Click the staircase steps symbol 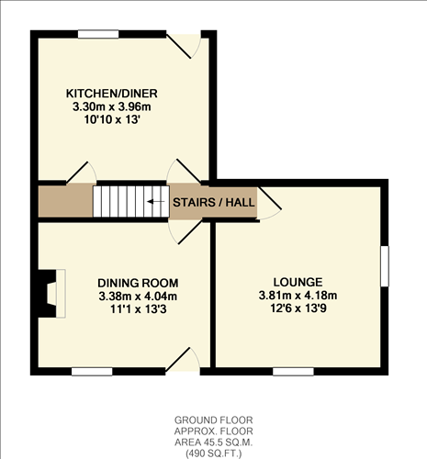(x=119, y=201)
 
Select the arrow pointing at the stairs (x=156, y=201)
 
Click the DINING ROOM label (x=138, y=282)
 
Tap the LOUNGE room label (x=298, y=281)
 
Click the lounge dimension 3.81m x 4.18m (x=298, y=295)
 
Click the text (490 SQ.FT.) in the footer (x=212, y=452)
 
